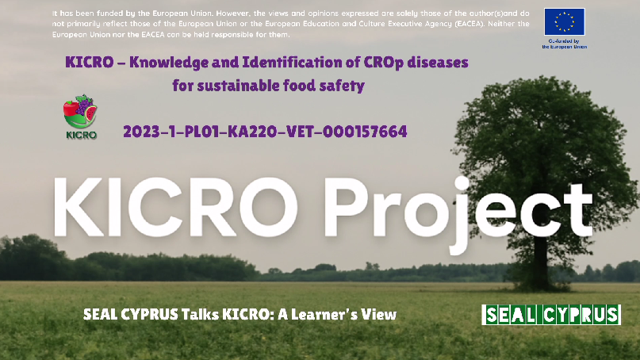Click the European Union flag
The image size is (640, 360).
564,21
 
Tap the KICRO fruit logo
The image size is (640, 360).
80,112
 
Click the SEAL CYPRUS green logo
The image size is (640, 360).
551,315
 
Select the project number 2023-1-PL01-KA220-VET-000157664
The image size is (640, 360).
265,132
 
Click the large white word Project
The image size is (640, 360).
458,210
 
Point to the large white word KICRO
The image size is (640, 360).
175,207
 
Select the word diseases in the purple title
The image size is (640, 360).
438,63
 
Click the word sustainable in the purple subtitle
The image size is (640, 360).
239,86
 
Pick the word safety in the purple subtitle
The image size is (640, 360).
342,86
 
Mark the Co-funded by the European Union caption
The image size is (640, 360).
565,44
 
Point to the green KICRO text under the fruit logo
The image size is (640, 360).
81,135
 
